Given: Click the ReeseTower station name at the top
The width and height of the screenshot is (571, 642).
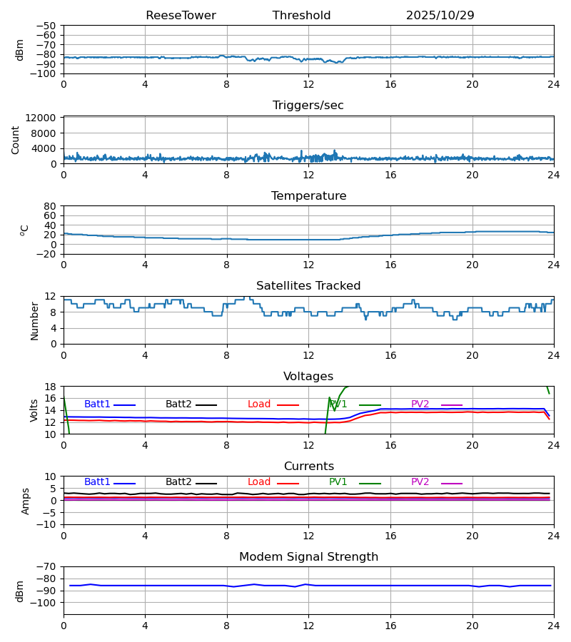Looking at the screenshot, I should click(181, 16).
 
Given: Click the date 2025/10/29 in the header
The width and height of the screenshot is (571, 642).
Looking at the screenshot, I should click(440, 16).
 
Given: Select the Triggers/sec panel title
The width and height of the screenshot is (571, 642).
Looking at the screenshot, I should click(308, 106).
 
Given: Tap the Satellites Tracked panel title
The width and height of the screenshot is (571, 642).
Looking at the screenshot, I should click(308, 286).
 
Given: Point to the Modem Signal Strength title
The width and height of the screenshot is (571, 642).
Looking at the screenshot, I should click(308, 557).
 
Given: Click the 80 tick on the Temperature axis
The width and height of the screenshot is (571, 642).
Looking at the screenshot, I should click(50, 206).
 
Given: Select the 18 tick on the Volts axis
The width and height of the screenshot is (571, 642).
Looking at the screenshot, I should click(50, 387).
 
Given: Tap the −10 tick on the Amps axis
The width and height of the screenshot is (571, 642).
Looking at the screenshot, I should click(47, 524).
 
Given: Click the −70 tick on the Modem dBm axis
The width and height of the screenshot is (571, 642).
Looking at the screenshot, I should click(47, 566).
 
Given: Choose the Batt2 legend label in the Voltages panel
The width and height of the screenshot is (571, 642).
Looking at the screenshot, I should click(178, 404).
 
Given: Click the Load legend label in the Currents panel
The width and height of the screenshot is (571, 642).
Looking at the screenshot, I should click(259, 482).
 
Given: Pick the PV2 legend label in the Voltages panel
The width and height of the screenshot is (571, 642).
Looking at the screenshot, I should click(420, 404).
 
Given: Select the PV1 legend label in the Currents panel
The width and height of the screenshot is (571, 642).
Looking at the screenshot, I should click(338, 482).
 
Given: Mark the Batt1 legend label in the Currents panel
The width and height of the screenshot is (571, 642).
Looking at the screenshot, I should click(97, 482).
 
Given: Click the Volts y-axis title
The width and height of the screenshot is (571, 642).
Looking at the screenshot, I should click(34, 410).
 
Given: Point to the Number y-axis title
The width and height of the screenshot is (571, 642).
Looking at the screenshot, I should click(34, 320).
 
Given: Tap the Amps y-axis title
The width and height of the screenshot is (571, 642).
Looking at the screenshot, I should click(26, 501).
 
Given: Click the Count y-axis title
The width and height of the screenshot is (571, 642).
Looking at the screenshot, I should click(16, 140).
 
